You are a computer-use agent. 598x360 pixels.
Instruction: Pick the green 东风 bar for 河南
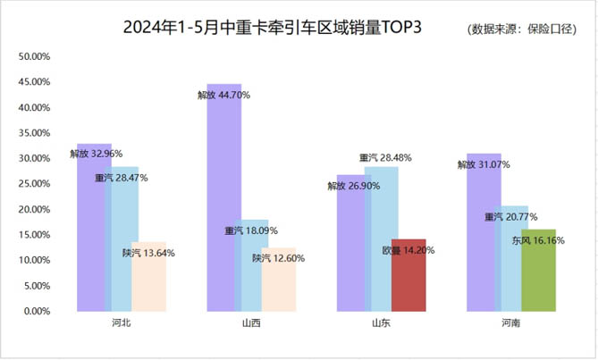tap(538, 277)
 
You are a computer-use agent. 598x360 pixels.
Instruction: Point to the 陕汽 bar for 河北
tap(148, 281)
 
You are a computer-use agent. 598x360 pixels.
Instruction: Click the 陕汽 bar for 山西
tap(279, 286)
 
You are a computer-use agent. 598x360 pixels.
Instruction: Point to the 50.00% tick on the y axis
tap(35, 56)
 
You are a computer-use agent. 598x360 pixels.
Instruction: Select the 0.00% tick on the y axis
tap(38, 312)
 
